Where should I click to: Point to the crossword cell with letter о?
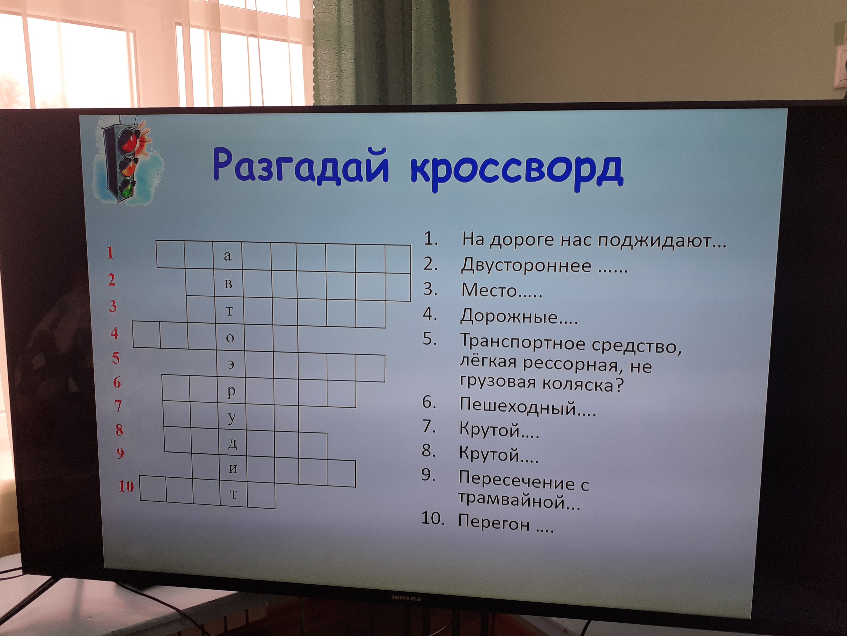pos(230,337)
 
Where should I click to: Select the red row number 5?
pos(116,358)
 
